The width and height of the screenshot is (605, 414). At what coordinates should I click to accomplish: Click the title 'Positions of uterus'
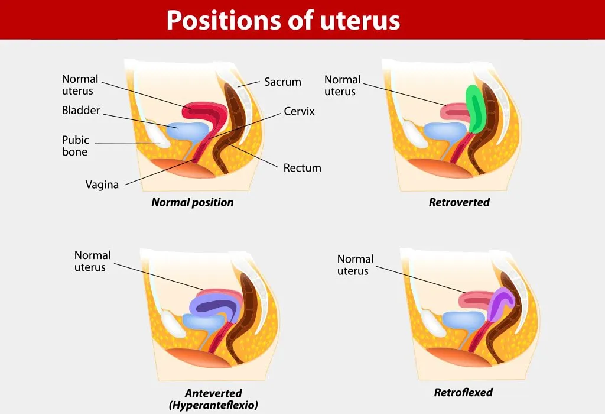click(283, 20)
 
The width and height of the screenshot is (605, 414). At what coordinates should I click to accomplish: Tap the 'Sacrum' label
click(282, 82)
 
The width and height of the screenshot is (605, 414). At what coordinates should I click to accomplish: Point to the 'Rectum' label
click(302, 168)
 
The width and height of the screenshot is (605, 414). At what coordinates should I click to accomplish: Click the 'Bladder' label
click(81, 111)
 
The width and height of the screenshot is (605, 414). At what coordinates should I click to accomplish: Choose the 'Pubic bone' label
click(75, 145)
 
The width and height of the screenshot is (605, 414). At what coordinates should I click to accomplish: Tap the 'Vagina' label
click(102, 185)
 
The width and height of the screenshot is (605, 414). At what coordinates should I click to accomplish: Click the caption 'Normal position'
click(192, 202)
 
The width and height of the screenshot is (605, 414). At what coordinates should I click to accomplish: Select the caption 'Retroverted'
click(459, 202)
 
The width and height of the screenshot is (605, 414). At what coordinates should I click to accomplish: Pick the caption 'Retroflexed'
click(463, 392)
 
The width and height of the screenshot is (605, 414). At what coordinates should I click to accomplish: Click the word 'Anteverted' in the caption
click(213, 393)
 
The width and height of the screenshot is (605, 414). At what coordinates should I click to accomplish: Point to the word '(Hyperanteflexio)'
click(213, 405)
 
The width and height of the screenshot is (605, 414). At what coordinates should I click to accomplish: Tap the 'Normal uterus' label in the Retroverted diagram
click(342, 85)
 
